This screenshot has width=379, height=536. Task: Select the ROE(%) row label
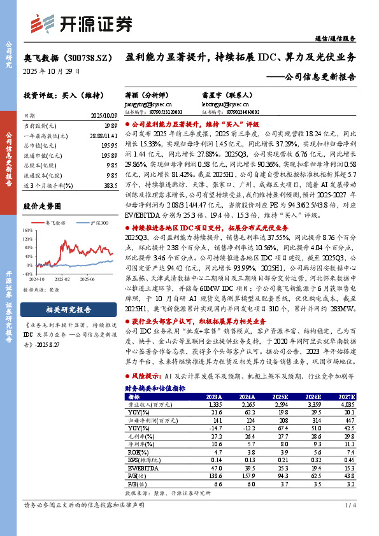click(x=136, y=432)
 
